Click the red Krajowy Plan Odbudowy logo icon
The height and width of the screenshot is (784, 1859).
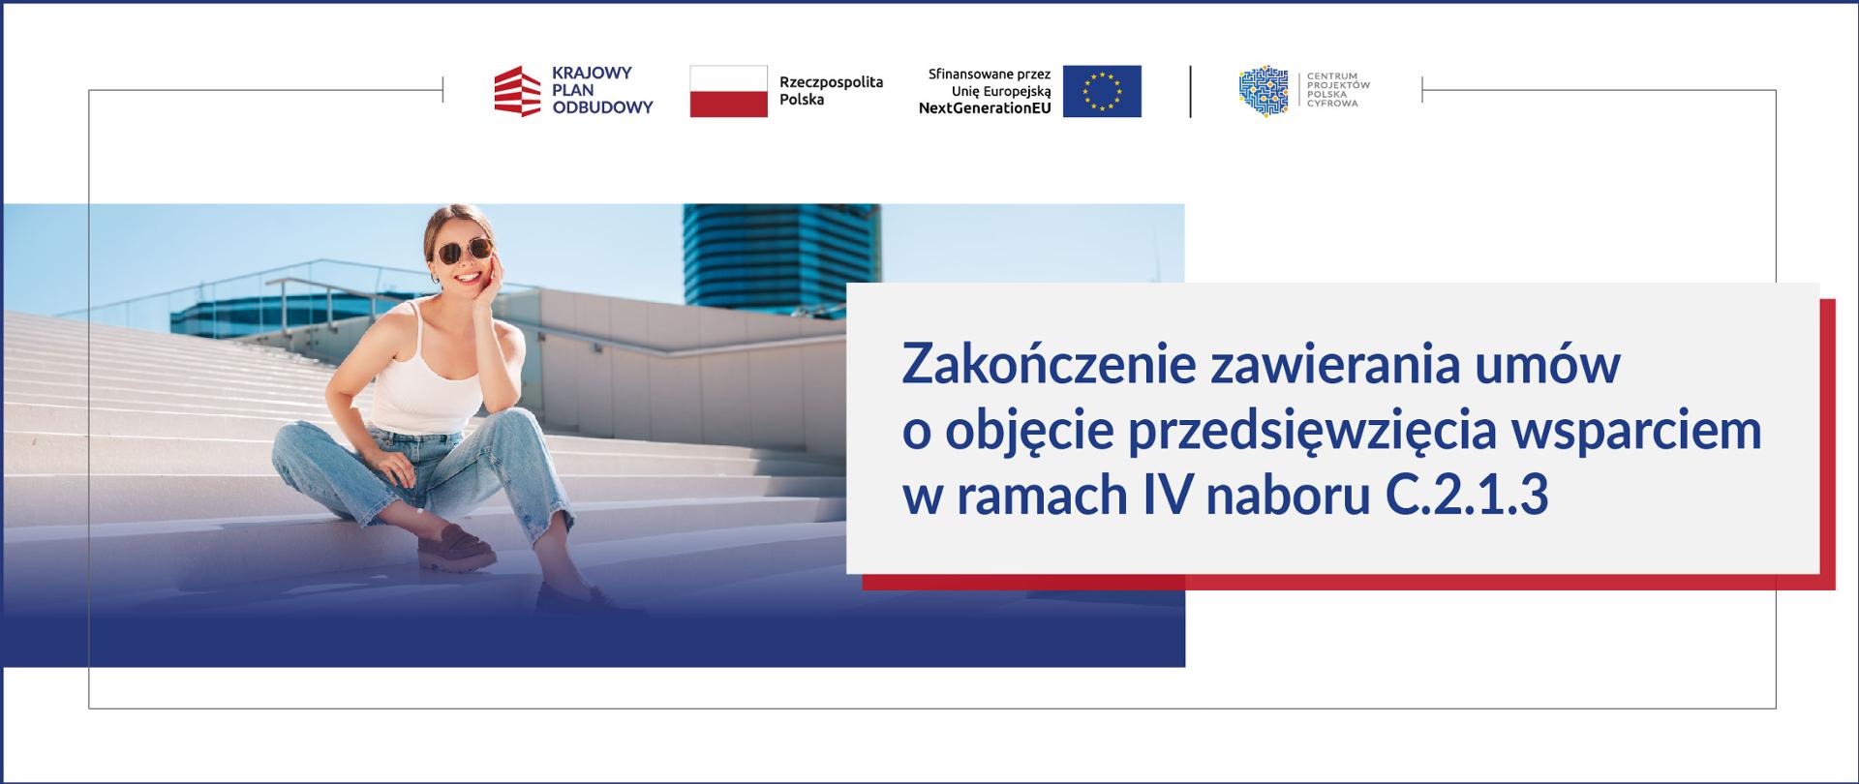(x=517, y=91)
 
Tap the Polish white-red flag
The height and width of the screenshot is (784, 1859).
(x=728, y=91)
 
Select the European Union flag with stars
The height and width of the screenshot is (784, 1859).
(x=1102, y=91)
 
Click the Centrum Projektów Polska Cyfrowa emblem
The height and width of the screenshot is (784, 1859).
(x=1264, y=91)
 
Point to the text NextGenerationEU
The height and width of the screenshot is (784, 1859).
(x=985, y=108)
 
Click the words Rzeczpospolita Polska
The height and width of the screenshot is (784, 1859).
(x=831, y=91)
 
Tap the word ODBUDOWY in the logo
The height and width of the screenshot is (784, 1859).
(x=602, y=107)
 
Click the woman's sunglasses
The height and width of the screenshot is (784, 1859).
(x=464, y=253)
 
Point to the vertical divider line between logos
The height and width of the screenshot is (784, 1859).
(x=1190, y=91)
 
